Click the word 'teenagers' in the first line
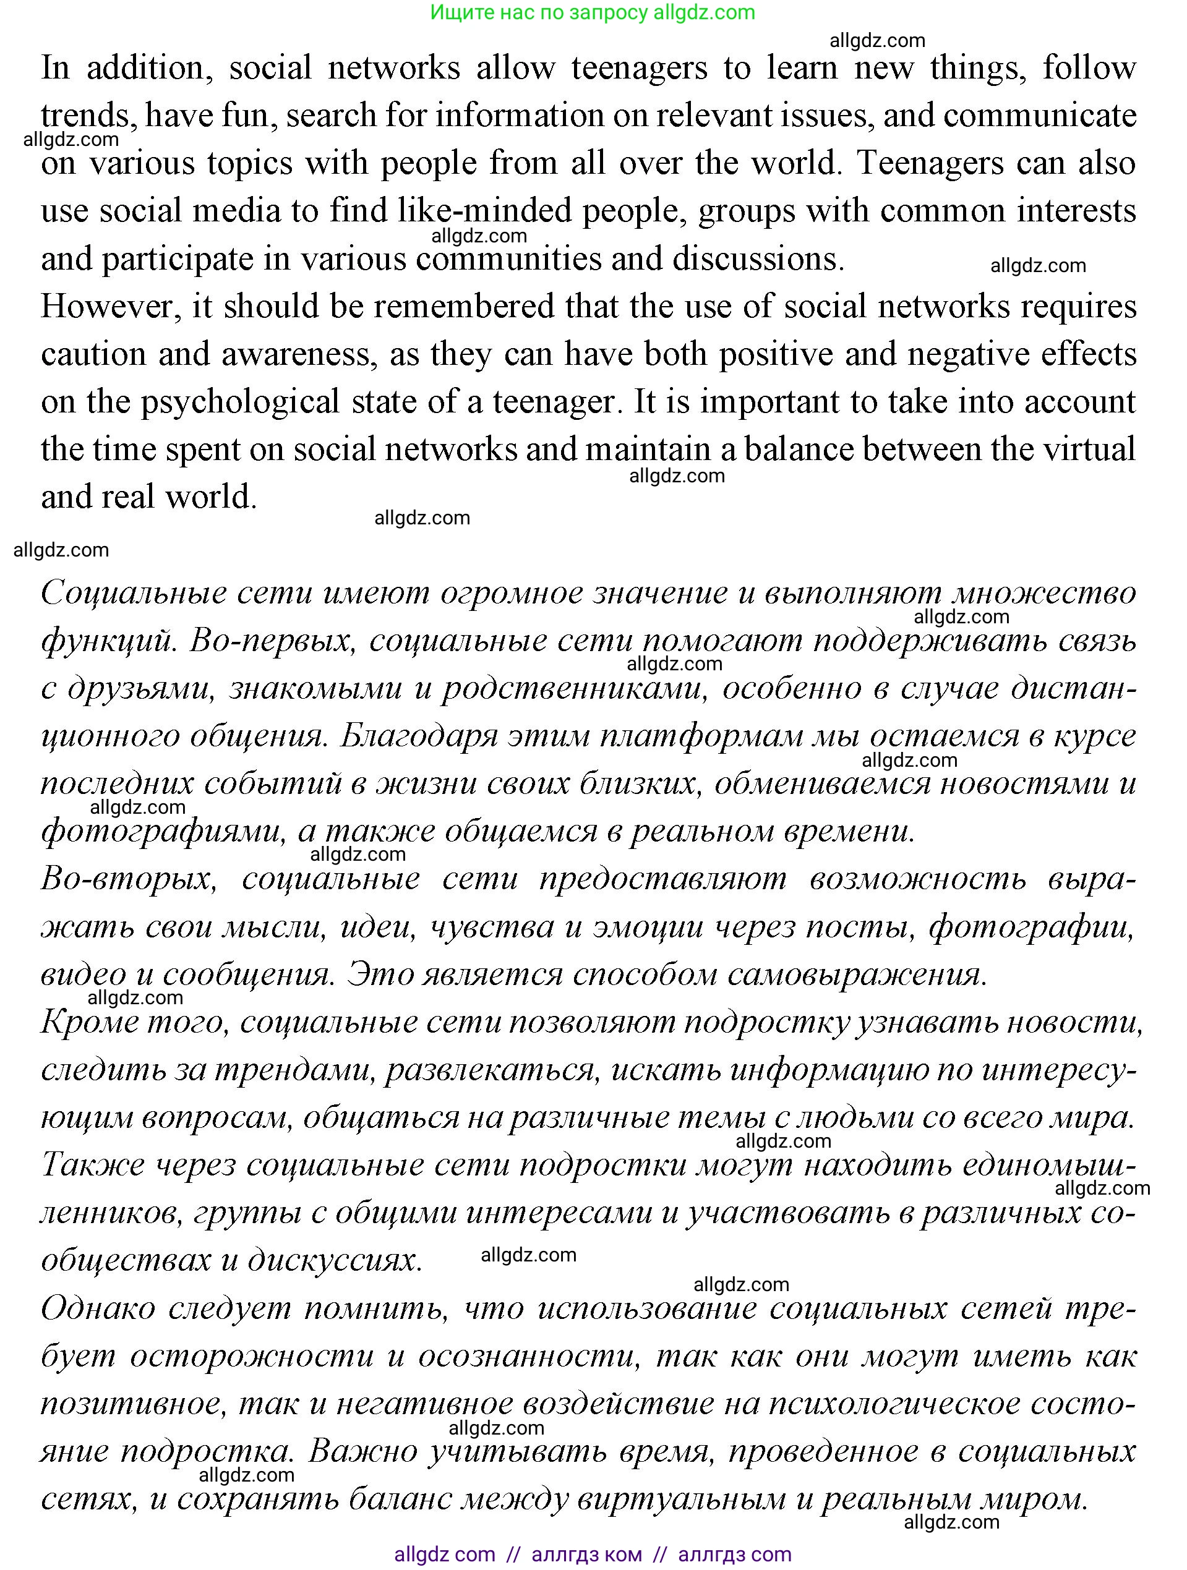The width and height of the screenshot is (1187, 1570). [639, 69]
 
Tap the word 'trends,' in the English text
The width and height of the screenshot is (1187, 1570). [90, 116]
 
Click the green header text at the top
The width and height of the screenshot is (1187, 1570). [593, 13]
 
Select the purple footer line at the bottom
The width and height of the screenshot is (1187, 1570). [593, 1555]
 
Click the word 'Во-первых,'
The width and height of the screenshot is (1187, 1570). [273, 641]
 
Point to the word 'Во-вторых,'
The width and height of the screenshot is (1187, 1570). [129, 879]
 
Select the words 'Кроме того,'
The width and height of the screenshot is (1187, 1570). [135, 1022]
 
